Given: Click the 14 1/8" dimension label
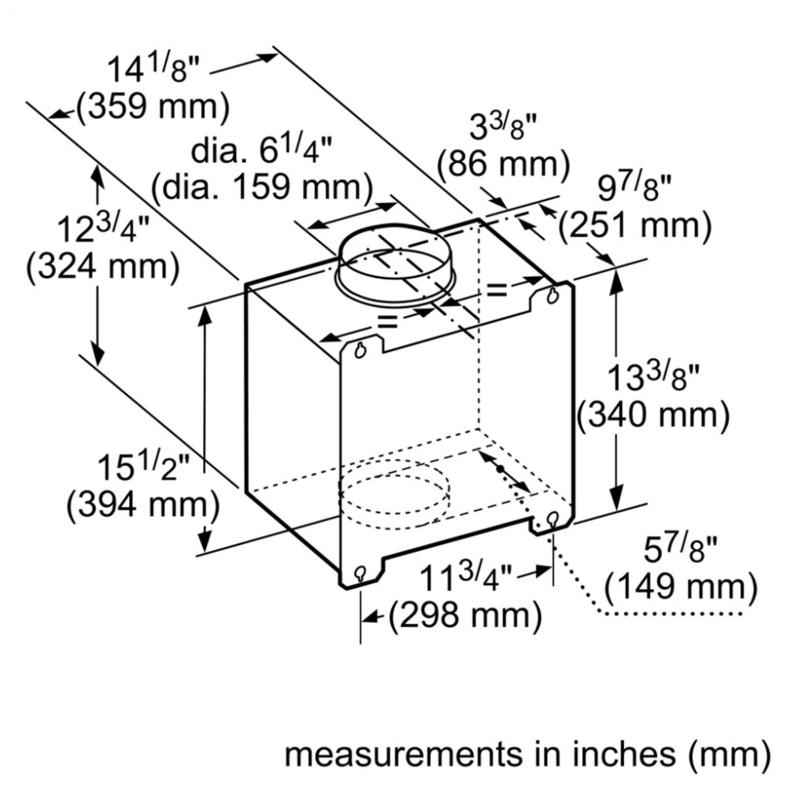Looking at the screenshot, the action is (154, 67).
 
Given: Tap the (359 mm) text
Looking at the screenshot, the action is (153, 106).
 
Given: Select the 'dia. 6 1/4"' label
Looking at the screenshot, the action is (261, 149).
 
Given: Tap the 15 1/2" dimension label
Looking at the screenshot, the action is (143, 467).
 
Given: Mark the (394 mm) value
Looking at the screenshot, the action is (143, 504).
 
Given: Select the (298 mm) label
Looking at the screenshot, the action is (466, 615).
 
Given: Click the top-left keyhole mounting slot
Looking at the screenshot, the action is (360, 350).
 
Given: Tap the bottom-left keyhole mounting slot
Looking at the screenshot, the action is (360, 573).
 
